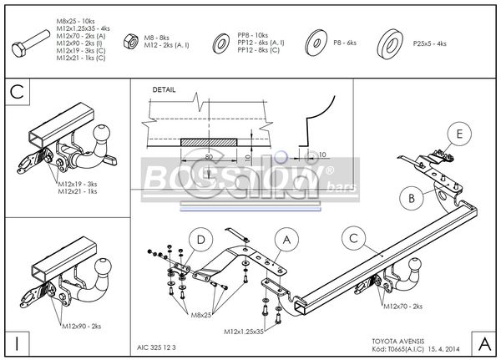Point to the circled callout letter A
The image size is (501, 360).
click(x=285, y=241)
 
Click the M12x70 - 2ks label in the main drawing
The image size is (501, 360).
click(x=404, y=307)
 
